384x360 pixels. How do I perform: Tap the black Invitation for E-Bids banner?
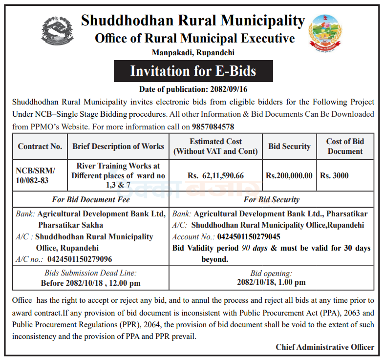click(x=193, y=71)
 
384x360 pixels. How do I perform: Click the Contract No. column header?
click(x=40, y=146)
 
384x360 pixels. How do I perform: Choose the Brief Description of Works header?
click(x=118, y=146)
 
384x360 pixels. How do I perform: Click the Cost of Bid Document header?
click(x=345, y=146)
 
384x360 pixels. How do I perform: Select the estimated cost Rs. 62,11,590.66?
click(x=215, y=175)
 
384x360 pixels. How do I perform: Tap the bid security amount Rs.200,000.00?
click(x=289, y=175)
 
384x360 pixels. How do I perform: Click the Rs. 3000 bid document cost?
click(x=334, y=175)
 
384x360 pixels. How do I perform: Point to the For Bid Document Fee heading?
click(x=91, y=199)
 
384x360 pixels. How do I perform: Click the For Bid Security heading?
click(x=272, y=199)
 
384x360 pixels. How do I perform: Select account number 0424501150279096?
click(x=80, y=259)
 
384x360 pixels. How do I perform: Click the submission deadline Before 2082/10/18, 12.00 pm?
click(x=91, y=283)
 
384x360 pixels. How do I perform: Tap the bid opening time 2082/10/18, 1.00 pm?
click(x=271, y=282)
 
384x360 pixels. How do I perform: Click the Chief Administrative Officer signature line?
click(x=325, y=347)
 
